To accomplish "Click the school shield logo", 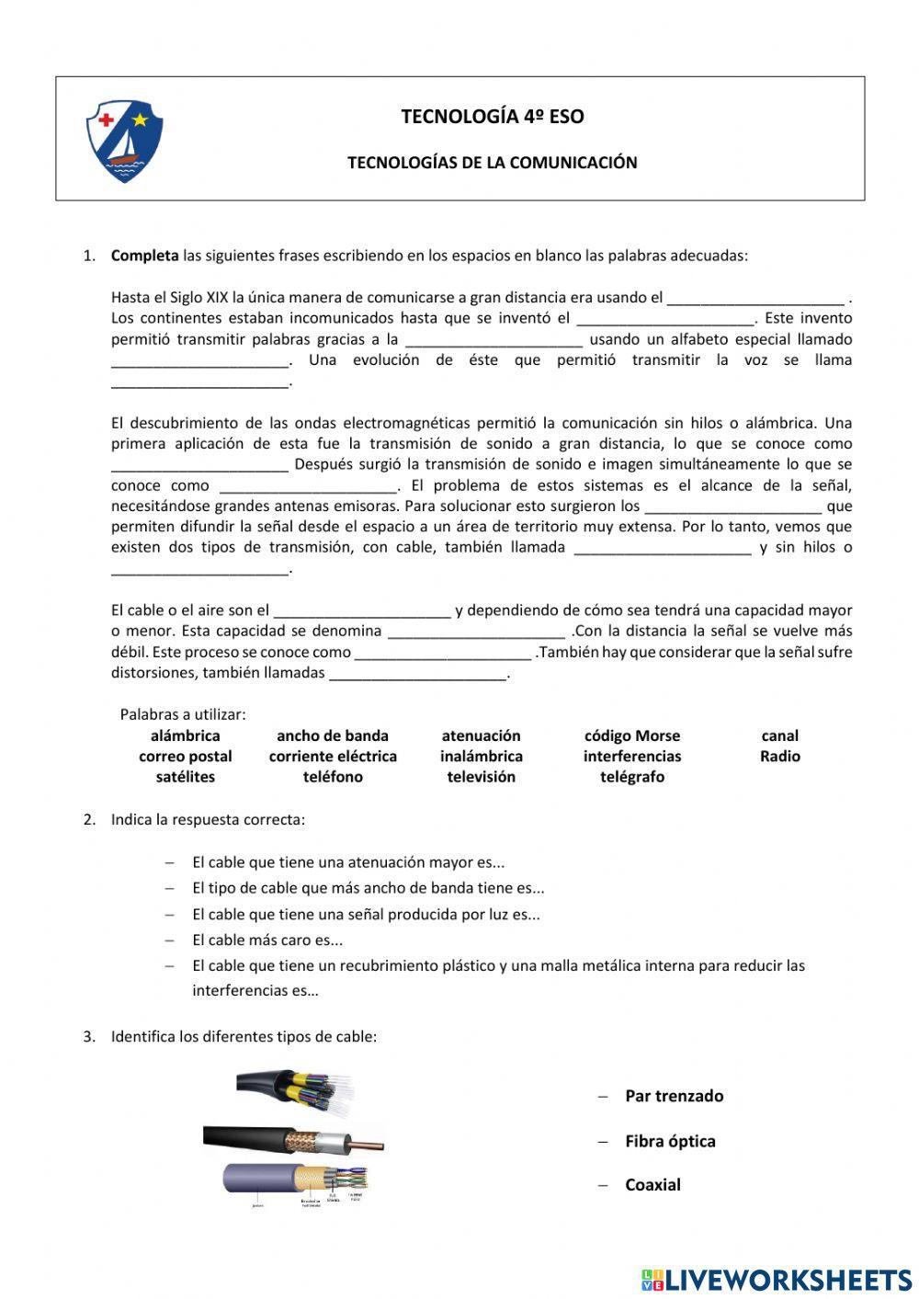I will pyautogui.click(x=124, y=141).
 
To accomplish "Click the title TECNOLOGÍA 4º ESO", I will pyautogui.click(x=492, y=117).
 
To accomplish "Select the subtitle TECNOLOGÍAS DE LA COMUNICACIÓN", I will pyautogui.click(x=492, y=163).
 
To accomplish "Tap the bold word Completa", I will pyautogui.click(x=144, y=256).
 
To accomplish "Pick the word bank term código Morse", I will pyautogui.click(x=632, y=735).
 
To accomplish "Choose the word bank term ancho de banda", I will pyautogui.click(x=333, y=735).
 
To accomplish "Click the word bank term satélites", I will pyautogui.click(x=186, y=777).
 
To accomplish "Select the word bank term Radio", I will pyautogui.click(x=779, y=757).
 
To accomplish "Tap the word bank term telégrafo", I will pyautogui.click(x=632, y=777).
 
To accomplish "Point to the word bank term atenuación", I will pyautogui.click(x=481, y=735).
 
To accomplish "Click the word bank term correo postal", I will pyautogui.click(x=186, y=757).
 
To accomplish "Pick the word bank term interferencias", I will pyautogui.click(x=632, y=757).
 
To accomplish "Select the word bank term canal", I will pyautogui.click(x=779, y=735).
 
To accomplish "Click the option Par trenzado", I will pyautogui.click(x=674, y=1096).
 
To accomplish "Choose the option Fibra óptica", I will pyautogui.click(x=670, y=1141).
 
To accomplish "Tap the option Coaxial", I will pyautogui.click(x=652, y=1185).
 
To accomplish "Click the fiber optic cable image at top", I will pyautogui.click(x=294, y=1089).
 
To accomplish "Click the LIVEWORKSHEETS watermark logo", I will pyautogui.click(x=777, y=1279).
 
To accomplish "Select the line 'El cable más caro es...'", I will pyautogui.click(x=267, y=940).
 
